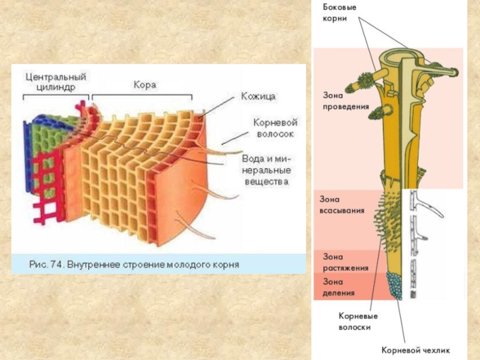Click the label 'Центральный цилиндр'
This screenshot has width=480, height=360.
pos(56,82)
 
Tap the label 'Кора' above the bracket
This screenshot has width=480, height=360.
pos(145,85)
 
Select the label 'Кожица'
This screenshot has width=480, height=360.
pos(259,96)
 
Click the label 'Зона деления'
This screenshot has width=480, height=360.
pos(338,287)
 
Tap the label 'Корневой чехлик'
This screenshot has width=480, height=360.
pos(416,349)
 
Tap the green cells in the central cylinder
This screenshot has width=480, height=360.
pos(45,135)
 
